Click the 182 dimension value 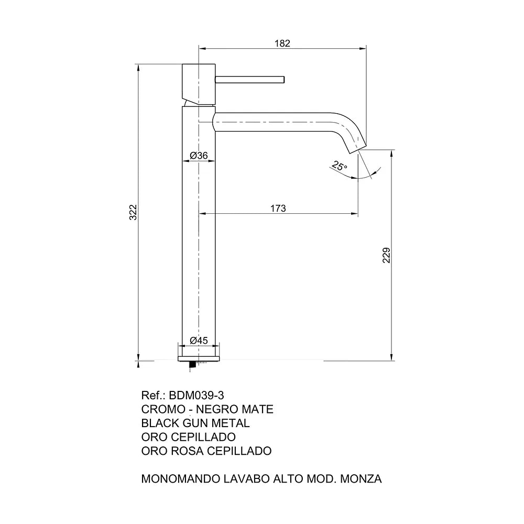click(x=282, y=43)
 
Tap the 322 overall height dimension click(x=133, y=212)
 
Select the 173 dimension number click(x=278, y=209)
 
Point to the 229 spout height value click(x=386, y=255)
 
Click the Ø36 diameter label click(x=199, y=156)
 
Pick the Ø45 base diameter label click(x=199, y=341)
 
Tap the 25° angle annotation click(x=340, y=166)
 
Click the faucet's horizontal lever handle click(x=249, y=80)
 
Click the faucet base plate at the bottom click(x=199, y=359)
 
